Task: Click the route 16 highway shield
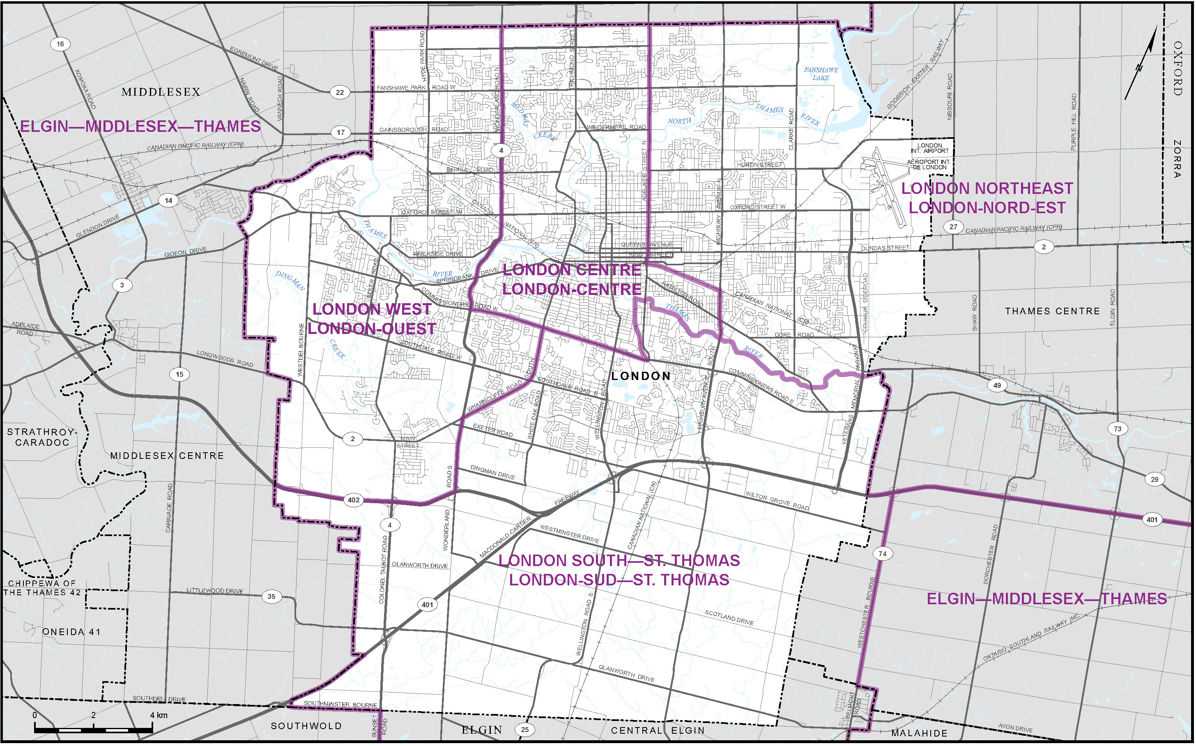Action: (x=60, y=44)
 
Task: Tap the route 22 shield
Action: (x=340, y=92)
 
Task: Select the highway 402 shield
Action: (x=354, y=500)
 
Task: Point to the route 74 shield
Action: (x=882, y=554)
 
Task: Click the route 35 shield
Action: (x=271, y=596)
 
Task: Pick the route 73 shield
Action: (x=1118, y=429)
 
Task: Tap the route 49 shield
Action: (x=997, y=385)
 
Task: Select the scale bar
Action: (x=94, y=728)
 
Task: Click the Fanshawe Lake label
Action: (x=821, y=74)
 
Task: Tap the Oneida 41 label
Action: (x=71, y=631)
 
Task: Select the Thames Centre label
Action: (x=1053, y=311)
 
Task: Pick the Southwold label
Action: (x=306, y=726)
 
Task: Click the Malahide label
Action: (x=919, y=733)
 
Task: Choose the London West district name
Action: (x=372, y=319)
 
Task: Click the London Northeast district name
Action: (x=987, y=198)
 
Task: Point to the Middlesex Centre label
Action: (x=167, y=456)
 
